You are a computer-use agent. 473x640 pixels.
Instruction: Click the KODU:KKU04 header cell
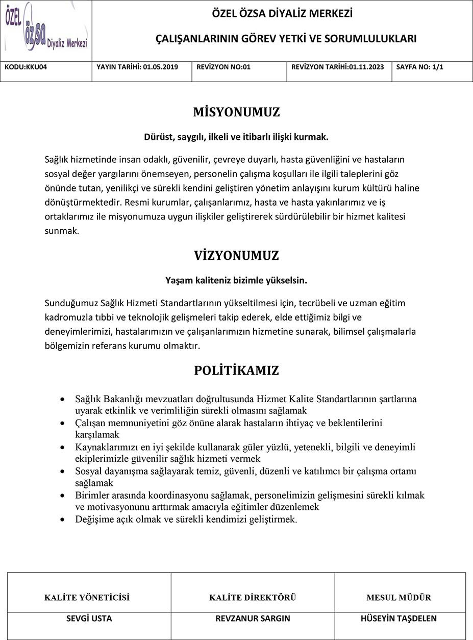(x=26, y=67)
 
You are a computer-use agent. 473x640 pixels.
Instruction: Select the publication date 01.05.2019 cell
(x=137, y=67)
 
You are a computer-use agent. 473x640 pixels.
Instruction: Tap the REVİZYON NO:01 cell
(x=223, y=67)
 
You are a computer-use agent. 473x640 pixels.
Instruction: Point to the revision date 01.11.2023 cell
(x=337, y=67)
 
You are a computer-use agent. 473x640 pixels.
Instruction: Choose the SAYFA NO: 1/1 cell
(x=420, y=67)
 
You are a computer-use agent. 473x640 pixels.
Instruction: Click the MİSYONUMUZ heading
(x=236, y=112)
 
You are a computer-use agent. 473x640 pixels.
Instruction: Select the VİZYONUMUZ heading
(x=236, y=256)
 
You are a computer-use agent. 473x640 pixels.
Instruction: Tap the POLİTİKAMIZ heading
(x=236, y=371)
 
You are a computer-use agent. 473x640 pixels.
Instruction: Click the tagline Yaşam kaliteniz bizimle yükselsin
(x=236, y=280)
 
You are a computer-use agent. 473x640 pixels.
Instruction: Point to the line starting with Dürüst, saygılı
(x=236, y=137)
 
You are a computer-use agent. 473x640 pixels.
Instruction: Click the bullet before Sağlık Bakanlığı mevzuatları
(x=62, y=399)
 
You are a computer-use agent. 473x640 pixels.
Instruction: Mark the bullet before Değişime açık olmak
(x=62, y=520)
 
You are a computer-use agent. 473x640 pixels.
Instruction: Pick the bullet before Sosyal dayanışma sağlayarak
(x=62, y=471)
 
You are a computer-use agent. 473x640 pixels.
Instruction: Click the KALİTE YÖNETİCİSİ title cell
(x=87, y=598)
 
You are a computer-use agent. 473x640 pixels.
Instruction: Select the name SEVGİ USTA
(x=89, y=619)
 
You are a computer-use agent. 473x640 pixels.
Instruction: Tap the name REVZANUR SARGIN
(x=253, y=619)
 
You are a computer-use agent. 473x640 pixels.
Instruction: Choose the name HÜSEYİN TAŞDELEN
(x=399, y=619)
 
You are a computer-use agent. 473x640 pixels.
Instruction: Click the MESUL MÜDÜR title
(x=399, y=598)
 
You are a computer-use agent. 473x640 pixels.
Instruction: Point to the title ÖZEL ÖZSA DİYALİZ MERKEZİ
(x=282, y=14)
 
